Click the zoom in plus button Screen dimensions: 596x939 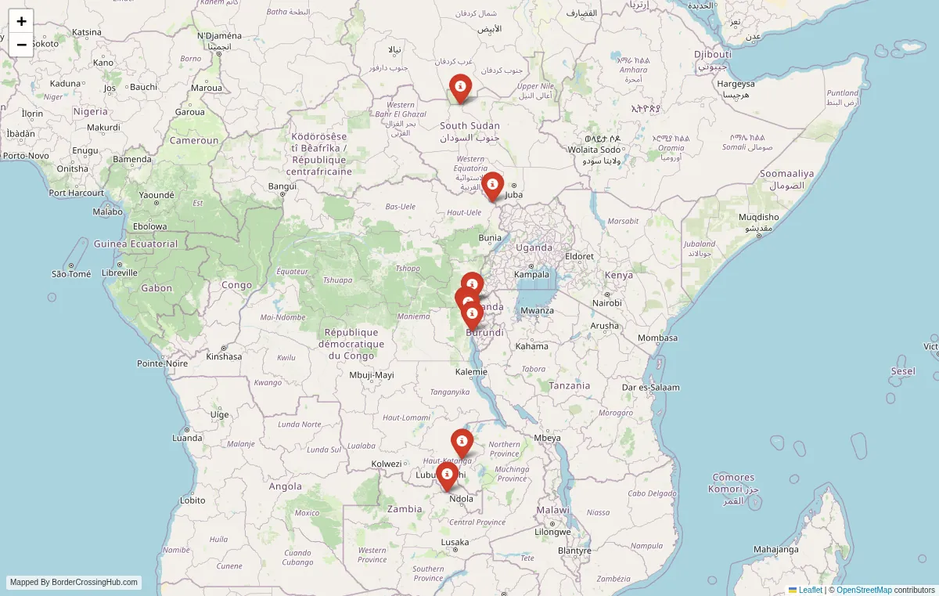21,21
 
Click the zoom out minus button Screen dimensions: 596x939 21,45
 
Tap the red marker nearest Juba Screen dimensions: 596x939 492,186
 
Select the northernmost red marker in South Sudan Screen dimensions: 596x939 461,87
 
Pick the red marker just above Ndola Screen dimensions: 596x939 447,475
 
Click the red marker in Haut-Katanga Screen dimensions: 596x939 462,442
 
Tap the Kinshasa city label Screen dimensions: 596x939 224,356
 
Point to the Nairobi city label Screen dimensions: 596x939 606,303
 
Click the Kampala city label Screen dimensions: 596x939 531,274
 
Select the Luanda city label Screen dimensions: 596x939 187,438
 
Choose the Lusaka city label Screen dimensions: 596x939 455,542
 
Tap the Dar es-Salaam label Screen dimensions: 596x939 650,387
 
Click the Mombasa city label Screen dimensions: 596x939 657,338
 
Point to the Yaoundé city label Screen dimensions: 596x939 156,195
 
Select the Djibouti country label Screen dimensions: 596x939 712,54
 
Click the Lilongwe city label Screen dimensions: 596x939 553,532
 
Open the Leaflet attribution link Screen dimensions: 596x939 810,590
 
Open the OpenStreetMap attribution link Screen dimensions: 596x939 864,590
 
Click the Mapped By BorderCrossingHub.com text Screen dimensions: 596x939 74,583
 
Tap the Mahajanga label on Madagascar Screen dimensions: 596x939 776,549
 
